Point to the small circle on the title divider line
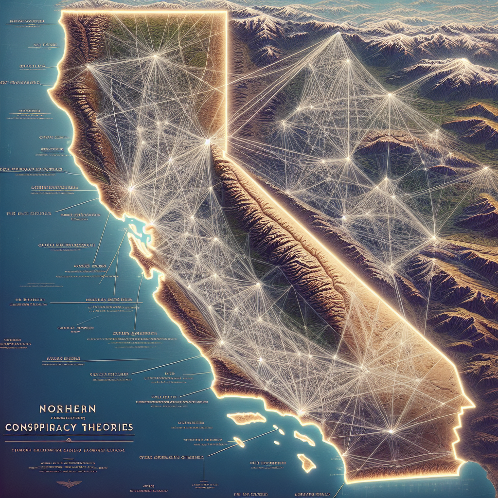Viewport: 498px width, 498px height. (69, 440)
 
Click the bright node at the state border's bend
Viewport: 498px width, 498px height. (208, 142)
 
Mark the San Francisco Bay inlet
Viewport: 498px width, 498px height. (132, 227)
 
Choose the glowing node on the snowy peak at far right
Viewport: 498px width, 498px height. (464, 62)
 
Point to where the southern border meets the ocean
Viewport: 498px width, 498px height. (345, 482)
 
